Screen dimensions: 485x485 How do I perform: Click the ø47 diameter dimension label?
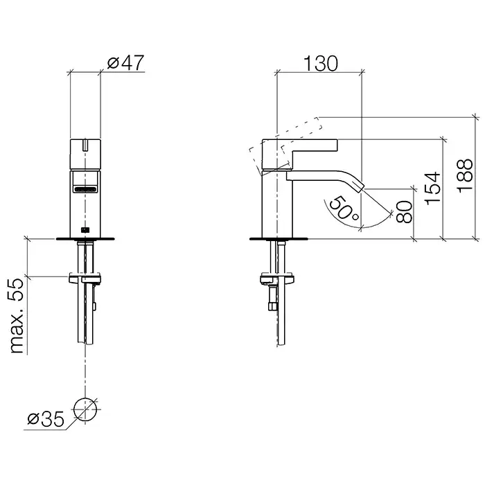point(125,62)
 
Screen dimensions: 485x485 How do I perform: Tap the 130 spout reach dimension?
point(320,64)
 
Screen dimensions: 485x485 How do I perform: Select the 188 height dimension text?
point(465,176)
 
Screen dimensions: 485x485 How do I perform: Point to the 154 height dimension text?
point(432,188)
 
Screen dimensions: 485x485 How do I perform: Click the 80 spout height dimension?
point(404,212)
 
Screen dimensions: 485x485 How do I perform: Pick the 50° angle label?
point(344,208)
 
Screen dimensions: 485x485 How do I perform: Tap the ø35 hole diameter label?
point(46,419)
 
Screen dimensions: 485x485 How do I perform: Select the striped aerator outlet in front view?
point(85,188)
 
